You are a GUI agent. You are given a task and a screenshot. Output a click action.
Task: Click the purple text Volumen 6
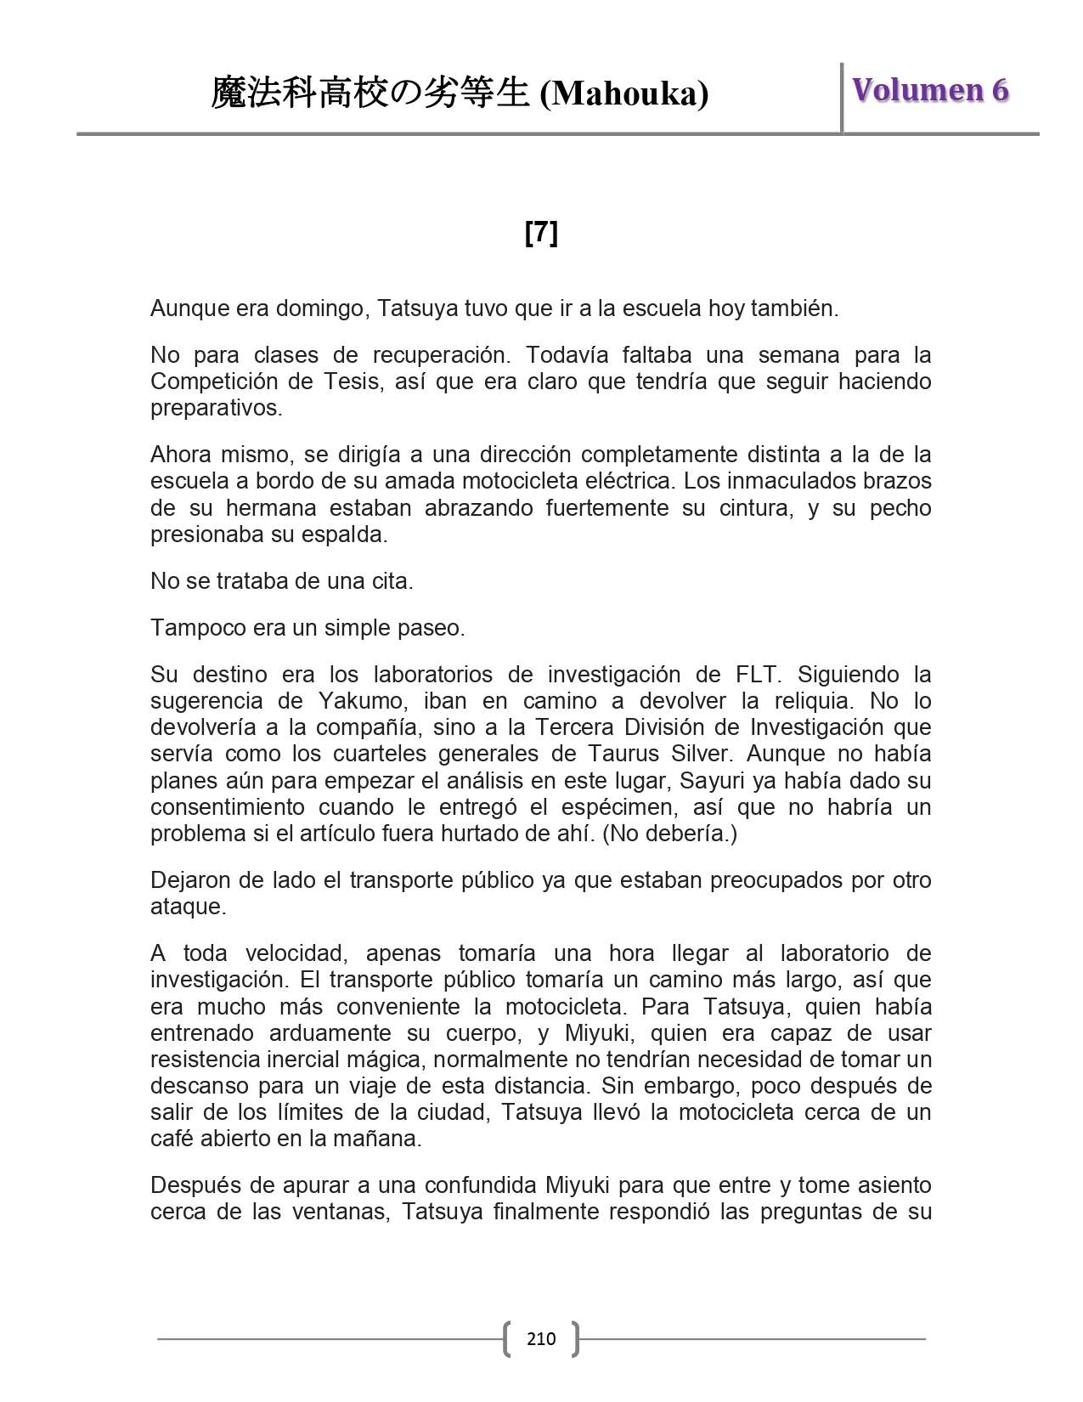tap(930, 90)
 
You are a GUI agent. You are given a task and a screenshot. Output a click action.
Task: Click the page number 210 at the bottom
tap(541, 1339)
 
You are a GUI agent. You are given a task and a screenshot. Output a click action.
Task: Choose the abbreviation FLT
tap(756, 675)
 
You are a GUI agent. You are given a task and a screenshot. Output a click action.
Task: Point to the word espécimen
tap(611, 806)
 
